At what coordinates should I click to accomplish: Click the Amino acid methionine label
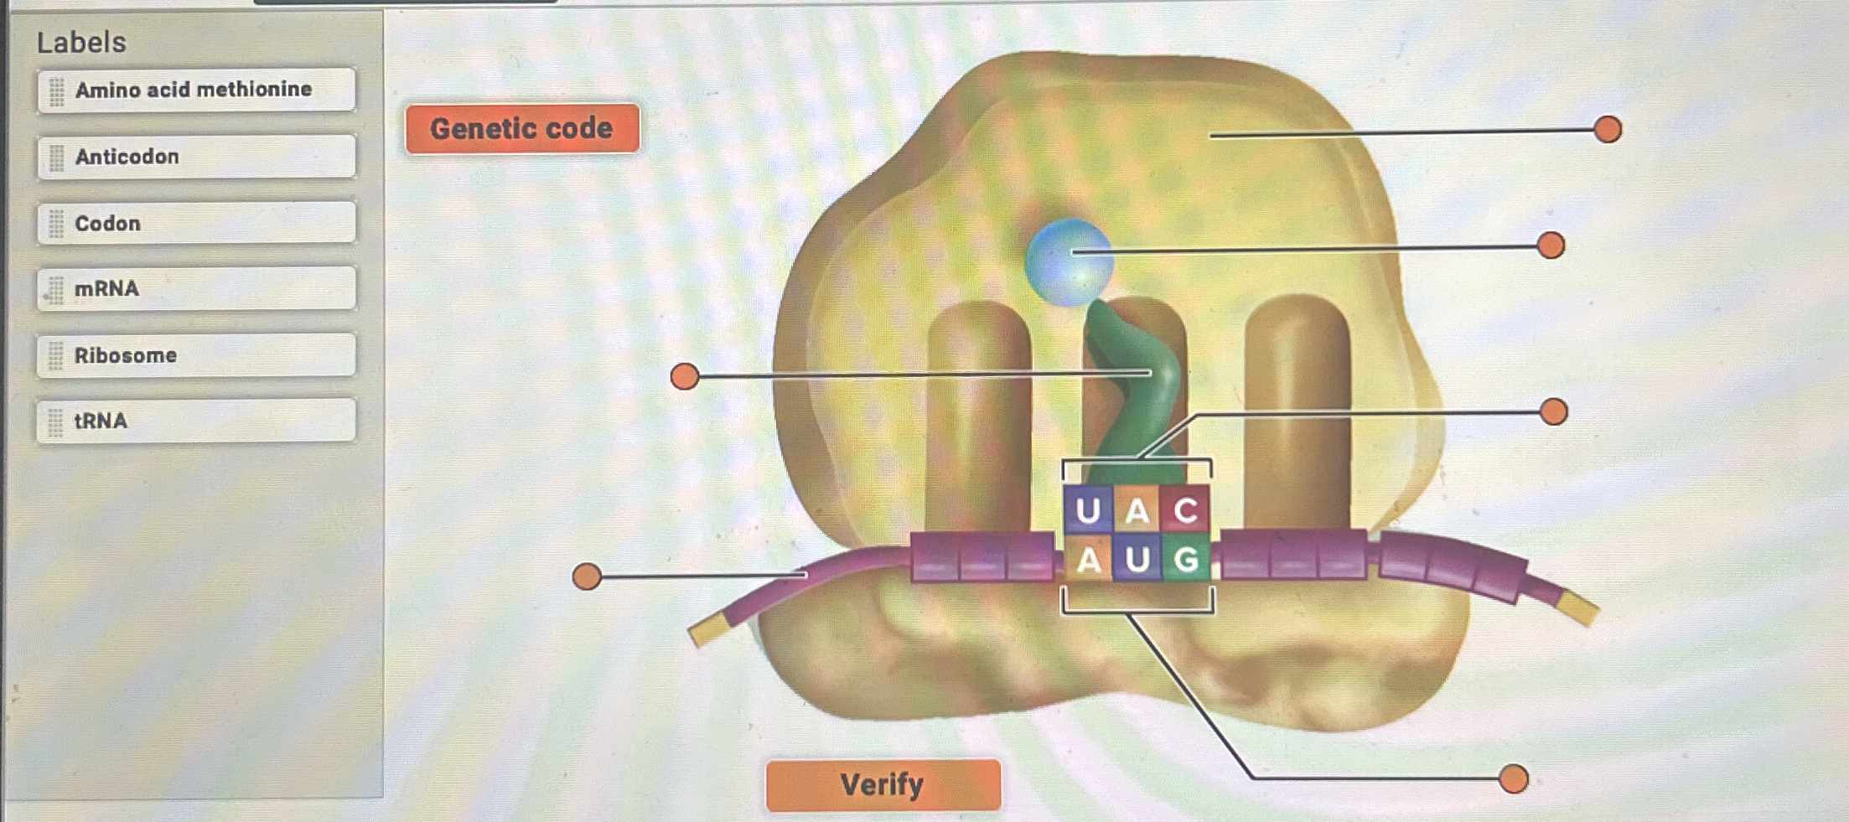pos(196,90)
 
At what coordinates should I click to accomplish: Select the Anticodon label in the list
pos(196,157)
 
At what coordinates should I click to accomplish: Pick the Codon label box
pos(196,223)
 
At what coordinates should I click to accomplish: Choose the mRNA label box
pos(196,288)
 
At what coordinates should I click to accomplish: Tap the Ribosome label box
pos(196,355)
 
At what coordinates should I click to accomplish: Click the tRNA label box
pos(196,421)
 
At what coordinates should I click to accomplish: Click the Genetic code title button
pos(521,129)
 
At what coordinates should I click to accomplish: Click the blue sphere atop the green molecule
pos(1069,261)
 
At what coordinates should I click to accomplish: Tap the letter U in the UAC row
pos(1088,509)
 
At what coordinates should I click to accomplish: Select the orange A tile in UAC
pos(1137,509)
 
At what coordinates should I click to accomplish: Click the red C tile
pos(1185,509)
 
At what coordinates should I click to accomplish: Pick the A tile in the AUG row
pos(1088,559)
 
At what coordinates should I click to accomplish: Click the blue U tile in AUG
pos(1137,559)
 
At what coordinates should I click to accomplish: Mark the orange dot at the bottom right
pos(1513,778)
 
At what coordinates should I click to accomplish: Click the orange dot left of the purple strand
pos(587,576)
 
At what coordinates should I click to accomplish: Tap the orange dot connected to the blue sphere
pos(1551,246)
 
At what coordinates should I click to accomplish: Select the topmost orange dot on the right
pos(1607,130)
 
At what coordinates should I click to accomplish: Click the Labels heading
pos(81,42)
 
